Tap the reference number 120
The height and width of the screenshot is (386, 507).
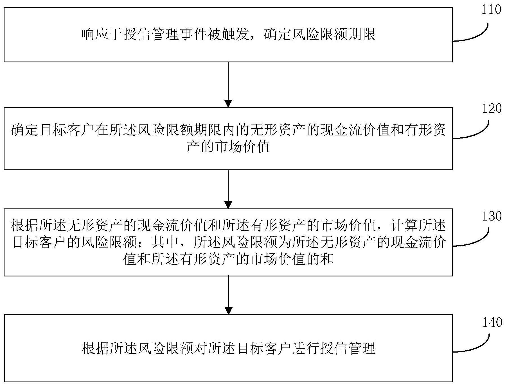pyautogui.click(x=492, y=108)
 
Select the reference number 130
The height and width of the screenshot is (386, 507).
pyautogui.click(x=492, y=216)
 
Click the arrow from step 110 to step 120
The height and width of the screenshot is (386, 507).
pyautogui.click(x=228, y=85)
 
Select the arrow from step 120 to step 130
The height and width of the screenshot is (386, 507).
pyautogui.click(x=228, y=189)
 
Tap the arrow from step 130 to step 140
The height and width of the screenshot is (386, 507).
pyautogui.click(x=228, y=295)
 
